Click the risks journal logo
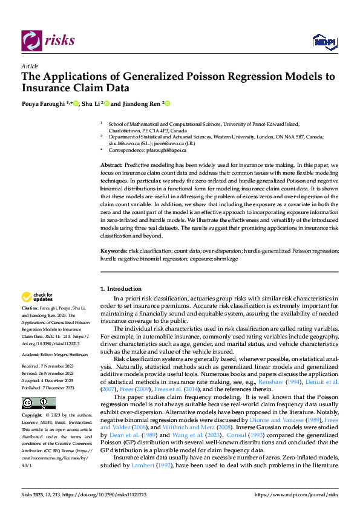[x=48, y=41]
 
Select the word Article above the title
[x=30, y=66]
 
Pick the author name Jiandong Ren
[x=141, y=103]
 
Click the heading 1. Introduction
[x=121, y=289]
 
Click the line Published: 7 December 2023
[x=48, y=387]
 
